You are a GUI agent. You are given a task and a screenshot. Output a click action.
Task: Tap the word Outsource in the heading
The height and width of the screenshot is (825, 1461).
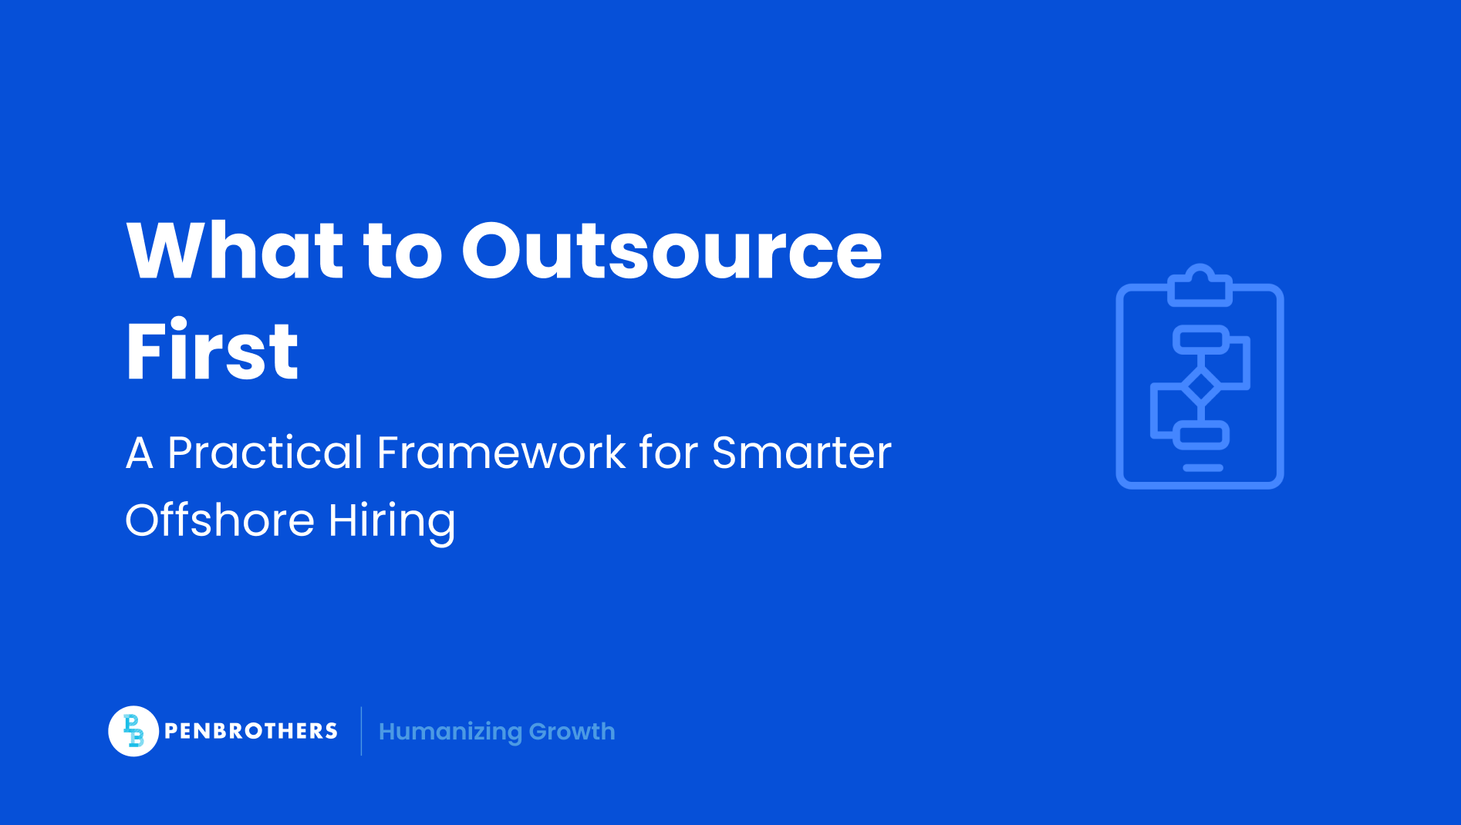[671, 251]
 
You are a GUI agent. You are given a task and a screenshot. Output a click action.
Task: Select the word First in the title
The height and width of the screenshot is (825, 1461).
[212, 351]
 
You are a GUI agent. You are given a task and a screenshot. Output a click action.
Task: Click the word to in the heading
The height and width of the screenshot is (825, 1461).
[403, 251]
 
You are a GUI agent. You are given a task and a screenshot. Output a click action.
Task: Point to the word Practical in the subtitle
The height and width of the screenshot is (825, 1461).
[265, 453]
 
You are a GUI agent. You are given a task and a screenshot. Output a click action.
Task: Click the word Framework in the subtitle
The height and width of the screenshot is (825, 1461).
[501, 453]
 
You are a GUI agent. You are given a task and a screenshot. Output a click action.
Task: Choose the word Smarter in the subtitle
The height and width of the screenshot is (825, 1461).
[801, 453]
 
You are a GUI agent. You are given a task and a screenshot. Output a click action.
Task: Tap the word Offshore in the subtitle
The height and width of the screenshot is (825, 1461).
[220, 520]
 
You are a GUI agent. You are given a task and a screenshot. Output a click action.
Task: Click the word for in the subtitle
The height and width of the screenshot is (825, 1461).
[668, 453]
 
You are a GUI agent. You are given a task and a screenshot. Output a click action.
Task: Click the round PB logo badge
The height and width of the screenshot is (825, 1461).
[133, 731]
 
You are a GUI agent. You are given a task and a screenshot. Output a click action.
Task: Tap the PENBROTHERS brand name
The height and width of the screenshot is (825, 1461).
[251, 731]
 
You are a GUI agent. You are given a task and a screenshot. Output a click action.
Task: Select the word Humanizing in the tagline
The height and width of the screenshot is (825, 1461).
[450, 732]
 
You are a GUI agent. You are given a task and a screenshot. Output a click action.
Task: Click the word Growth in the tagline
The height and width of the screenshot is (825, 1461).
[572, 732]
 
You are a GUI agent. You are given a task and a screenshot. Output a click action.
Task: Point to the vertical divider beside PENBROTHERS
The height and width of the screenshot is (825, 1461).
[361, 731]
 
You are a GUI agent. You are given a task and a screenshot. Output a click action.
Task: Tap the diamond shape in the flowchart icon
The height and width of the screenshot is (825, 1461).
[1200, 386]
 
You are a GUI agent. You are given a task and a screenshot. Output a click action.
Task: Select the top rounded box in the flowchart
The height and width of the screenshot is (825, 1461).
[1200, 339]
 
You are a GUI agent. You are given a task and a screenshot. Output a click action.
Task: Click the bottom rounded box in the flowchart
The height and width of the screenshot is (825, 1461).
[1201, 435]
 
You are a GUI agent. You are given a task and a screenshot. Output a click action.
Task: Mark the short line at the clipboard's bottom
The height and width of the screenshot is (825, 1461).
[1203, 468]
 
